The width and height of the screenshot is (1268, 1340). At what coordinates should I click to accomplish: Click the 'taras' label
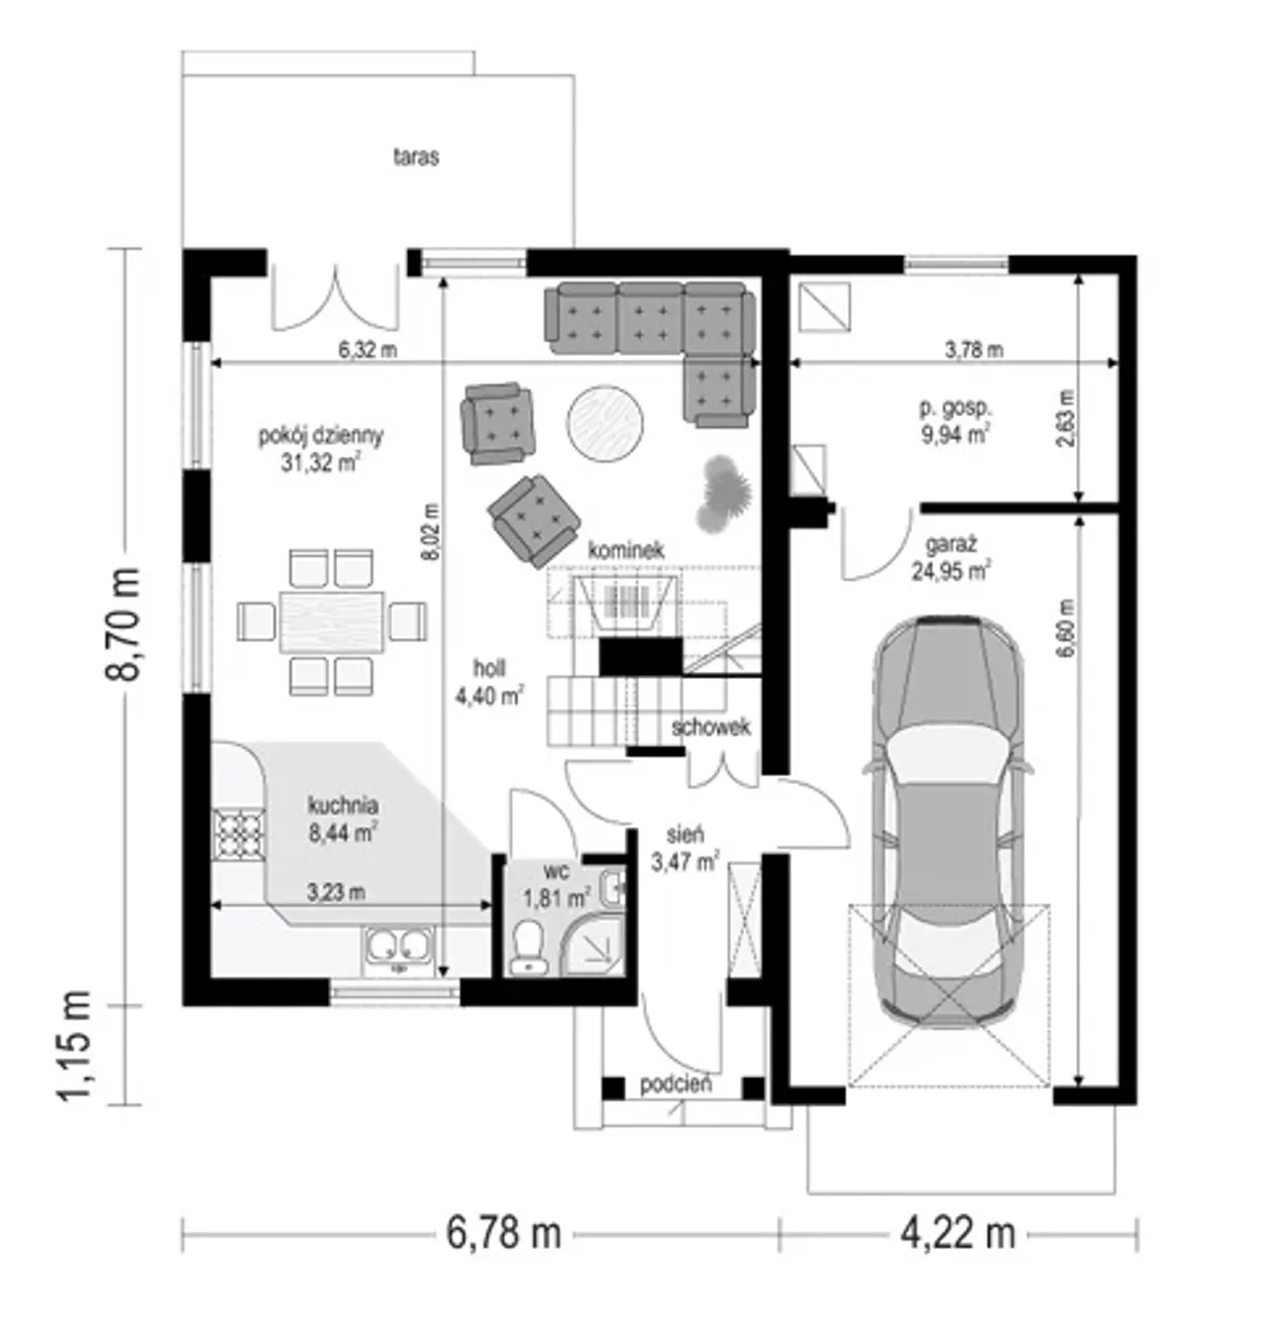pyautogui.click(x=416, y=157)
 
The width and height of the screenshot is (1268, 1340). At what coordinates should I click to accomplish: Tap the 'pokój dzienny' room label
pyautogui.click(x=320, y=435)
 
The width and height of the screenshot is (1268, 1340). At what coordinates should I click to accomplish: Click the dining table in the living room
pyautogui.click(x=332, y=621)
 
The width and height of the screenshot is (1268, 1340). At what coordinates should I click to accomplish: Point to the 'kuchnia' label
pyautogui.click(x=343, y=806)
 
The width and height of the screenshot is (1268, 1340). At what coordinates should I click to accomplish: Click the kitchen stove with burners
pyautogui.click(x=239, y=834)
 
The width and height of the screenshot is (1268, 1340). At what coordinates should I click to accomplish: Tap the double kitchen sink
pyautogui.click(x=397, y=947)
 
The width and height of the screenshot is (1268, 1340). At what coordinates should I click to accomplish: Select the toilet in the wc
pyautogui.click(x=528, y=947)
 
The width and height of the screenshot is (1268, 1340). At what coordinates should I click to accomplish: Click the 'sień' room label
pyautogui.click(x=686, y=835)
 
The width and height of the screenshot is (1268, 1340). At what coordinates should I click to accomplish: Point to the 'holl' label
pyautogui.click(x=489, y=668)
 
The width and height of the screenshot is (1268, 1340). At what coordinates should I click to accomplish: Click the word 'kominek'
pyautogui.click(x=625, y=550)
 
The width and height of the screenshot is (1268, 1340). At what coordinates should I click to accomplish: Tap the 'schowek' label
pyautogui.click(x=710, y=727)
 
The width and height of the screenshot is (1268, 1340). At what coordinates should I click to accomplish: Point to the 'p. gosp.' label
pyautogui.click(x=955, y=409)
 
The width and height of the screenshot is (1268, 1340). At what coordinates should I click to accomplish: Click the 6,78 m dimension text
pyautogui.click(x=503, y=1233)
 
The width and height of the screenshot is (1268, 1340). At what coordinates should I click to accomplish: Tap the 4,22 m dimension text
pyautogui.click(x=958, y=1233)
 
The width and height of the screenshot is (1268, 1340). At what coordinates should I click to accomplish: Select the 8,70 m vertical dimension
pyautogui.click(x=123, y=623)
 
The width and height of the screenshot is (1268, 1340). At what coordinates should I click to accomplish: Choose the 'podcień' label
pyautogui.click(x=676, y=1083)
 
